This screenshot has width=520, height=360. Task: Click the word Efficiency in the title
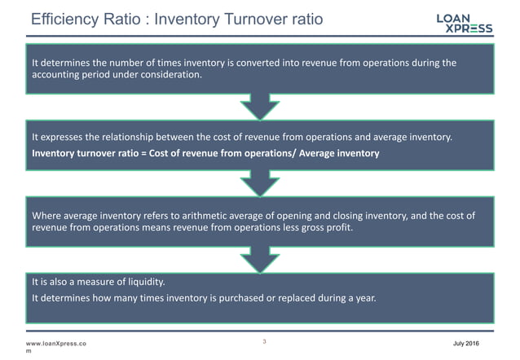point(54,18)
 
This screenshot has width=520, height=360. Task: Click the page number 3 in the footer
point(265,341)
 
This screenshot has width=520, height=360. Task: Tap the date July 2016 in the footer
point(487,343)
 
